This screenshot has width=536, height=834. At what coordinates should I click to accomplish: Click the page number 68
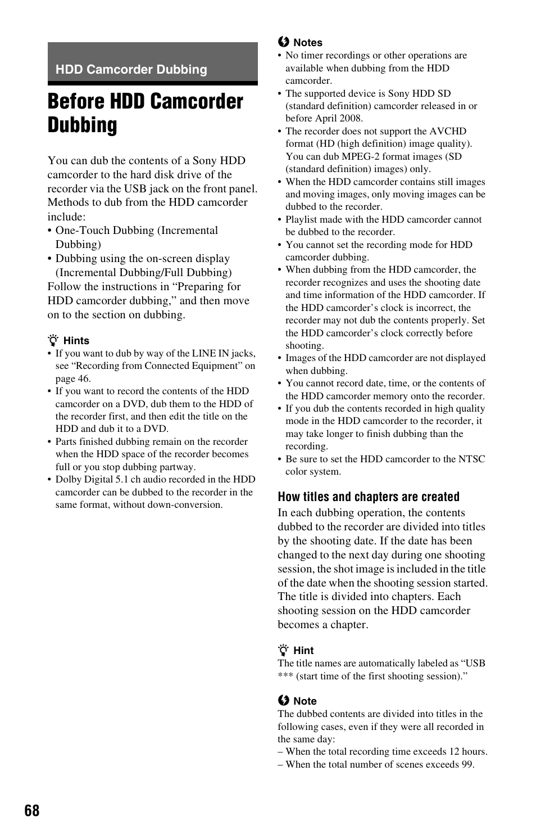tap(33, 810)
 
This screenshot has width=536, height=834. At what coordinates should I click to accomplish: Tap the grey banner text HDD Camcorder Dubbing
tap(131, 70)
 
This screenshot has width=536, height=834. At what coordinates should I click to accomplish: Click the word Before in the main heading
tap(75, 102)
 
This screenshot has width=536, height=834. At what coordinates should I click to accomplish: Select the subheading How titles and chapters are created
tap(368, 497)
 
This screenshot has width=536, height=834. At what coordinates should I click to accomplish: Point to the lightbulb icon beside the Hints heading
tap(53, 340)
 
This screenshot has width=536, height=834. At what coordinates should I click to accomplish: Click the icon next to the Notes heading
tap(283, 42)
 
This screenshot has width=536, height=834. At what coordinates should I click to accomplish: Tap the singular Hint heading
tap(303, 651)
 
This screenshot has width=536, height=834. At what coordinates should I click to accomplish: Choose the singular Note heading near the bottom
tap(305, 701)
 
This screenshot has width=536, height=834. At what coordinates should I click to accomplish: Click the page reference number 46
tap(83, 378)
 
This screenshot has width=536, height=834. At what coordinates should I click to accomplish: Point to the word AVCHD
tap(448, 131)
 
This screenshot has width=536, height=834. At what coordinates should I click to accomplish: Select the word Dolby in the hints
tap(69, 479)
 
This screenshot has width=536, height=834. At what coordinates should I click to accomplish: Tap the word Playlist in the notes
tap(303, 219)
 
